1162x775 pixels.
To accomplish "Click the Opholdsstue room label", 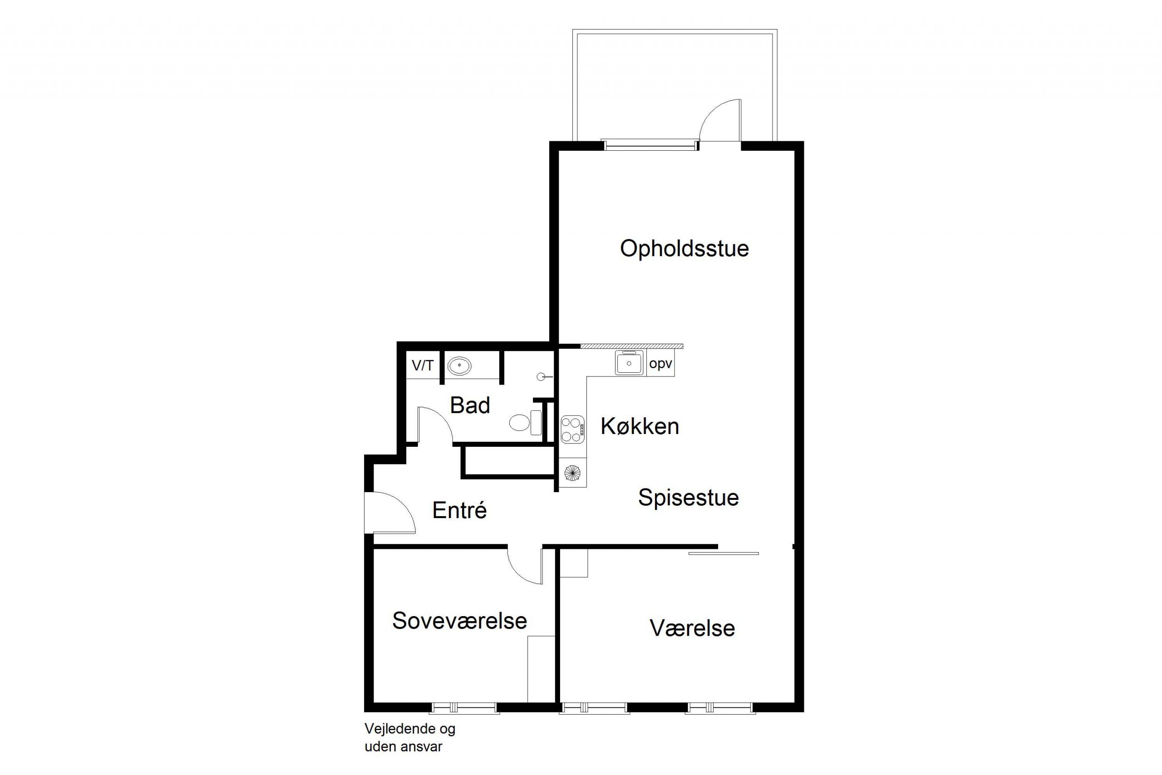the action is (x=684, y=249).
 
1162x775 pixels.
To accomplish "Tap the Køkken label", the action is (x=640, y=426).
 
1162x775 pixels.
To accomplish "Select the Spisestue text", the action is (x=688, y=498).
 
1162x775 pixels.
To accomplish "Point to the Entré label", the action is (x=459, y=510).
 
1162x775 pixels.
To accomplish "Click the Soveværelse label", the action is (x=459, y=621).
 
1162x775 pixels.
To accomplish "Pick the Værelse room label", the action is (x=692, y=628).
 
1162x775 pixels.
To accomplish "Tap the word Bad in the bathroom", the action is (x=470, y=405).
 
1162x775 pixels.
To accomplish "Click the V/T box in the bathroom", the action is (x=423, y=365).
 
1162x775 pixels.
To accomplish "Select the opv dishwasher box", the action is (x=660, y=364).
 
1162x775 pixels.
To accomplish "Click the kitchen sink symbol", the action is (x=629, y=363).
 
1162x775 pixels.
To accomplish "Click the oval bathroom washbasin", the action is (x=459, y=366).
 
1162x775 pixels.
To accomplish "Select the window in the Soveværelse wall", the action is (x=464, y=708).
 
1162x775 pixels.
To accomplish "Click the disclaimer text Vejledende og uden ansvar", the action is (x=409, y=737).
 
